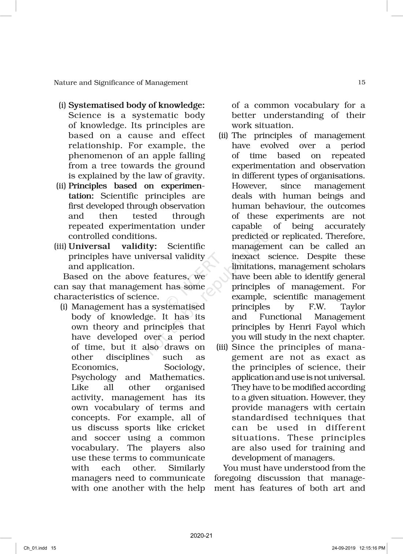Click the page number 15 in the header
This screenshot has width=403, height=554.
coord(361,82)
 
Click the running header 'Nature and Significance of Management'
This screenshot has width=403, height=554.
coord(121,82)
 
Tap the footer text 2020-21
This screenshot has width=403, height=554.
coord(201,536)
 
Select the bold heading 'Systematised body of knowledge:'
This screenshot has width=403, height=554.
coord(137,105)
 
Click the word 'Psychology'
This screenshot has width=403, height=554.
coord(94,377)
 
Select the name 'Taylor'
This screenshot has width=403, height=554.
coord(352,307)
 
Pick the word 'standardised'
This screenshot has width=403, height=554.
coord(259,418)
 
